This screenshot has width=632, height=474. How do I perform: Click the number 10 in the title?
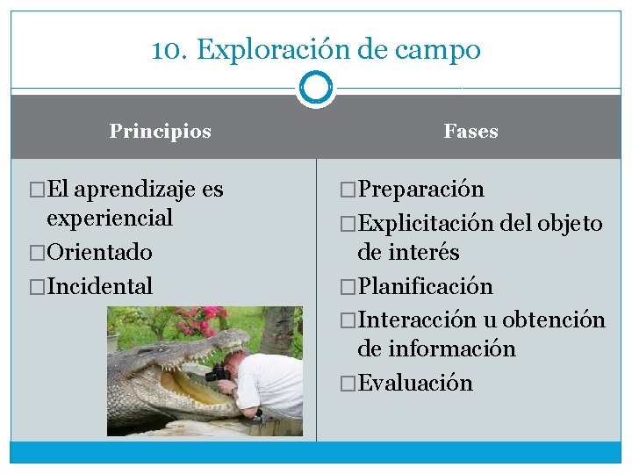tap(164, 50)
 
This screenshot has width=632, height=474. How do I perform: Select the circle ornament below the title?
tap(316, 89)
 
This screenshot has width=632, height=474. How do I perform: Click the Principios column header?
tap(161, 132)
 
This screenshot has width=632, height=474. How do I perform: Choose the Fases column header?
tap(470, 132)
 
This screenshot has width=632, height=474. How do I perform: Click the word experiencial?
tap(110, 218)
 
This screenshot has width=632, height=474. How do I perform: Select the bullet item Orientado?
tap(99, 252)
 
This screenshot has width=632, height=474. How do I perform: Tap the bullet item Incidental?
tap(99, 286)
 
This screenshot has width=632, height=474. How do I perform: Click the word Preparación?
tap(420, 190)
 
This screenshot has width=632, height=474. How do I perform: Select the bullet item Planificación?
tap(425, 286)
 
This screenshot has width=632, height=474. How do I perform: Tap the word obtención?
tap(554, 320)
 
